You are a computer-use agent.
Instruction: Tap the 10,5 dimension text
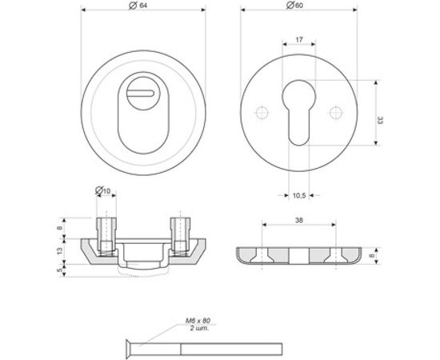[x=298, y=194]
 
